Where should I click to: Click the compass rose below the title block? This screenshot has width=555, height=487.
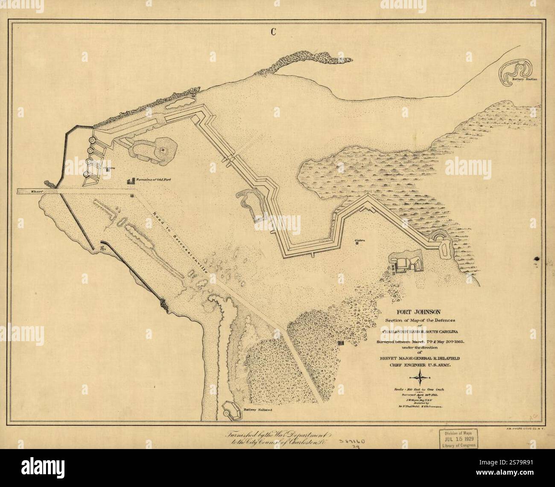pyautogui.click(x=421, y=376)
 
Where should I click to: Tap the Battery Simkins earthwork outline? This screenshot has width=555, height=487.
pyautogui.click(x=517, y=71)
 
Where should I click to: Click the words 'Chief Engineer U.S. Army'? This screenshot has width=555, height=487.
pyautogui.click(x=421, y=365)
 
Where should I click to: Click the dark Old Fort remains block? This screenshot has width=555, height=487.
pyautogui.click(x=131, y=181)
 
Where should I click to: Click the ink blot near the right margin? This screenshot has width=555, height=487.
pyautogui.click(x=535, y=259)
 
